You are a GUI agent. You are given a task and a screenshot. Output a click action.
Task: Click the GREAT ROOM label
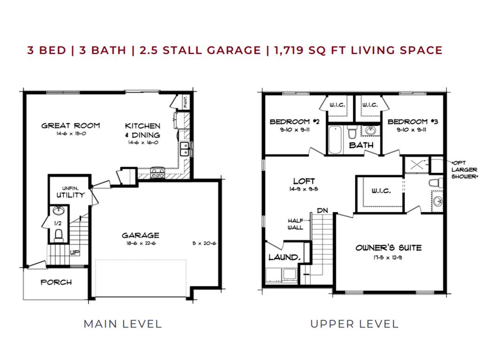point(70,125)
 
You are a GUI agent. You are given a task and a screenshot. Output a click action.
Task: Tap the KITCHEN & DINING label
point(142,130)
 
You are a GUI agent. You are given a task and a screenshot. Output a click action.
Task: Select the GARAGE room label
point(140,235)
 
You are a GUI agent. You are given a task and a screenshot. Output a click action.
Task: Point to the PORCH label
point(56,282)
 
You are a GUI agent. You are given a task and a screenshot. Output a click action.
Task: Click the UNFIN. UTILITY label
point(70,192)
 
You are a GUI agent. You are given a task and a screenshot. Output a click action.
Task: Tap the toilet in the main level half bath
point(59,234)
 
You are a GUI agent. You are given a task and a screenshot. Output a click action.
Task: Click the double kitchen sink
point(185,149)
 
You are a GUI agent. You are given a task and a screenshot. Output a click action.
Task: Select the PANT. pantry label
point(186,102)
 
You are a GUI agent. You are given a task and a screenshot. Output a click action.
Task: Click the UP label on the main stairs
point(75,252)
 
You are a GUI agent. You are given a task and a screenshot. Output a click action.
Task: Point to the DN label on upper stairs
point(322,210)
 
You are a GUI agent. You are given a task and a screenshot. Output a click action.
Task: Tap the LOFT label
point(304,181)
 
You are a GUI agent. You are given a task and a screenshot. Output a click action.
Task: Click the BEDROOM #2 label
point(294,122)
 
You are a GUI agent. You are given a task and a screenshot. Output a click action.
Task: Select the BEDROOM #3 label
point(412,122)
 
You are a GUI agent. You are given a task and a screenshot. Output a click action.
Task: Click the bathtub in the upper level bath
point(335,139)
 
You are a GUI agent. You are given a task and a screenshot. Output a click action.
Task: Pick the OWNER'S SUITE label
point(388,247)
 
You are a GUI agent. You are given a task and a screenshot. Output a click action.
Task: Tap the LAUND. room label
point(284,257)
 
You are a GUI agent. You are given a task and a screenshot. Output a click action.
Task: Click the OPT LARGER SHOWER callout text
point(464,169)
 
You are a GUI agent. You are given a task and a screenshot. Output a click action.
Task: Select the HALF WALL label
point(296,224)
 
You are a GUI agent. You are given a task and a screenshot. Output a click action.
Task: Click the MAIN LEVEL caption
point(122,323)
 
